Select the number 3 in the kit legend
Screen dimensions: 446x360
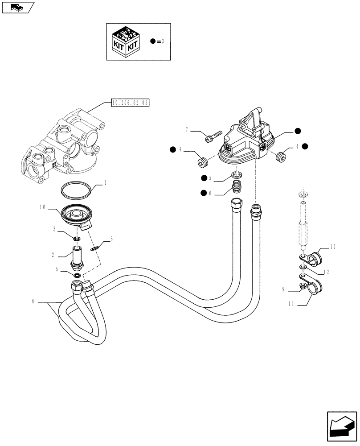(x=163, y=41)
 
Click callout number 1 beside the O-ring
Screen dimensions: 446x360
(x=105, y=182)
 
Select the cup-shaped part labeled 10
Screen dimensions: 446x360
(x=76, y=217)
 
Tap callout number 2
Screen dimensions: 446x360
(x=53, y=255)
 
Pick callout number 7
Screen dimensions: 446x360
(x=187, y=130)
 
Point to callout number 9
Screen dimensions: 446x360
(x=283, y=289)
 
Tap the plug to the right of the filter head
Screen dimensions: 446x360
(x=280, y=157)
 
